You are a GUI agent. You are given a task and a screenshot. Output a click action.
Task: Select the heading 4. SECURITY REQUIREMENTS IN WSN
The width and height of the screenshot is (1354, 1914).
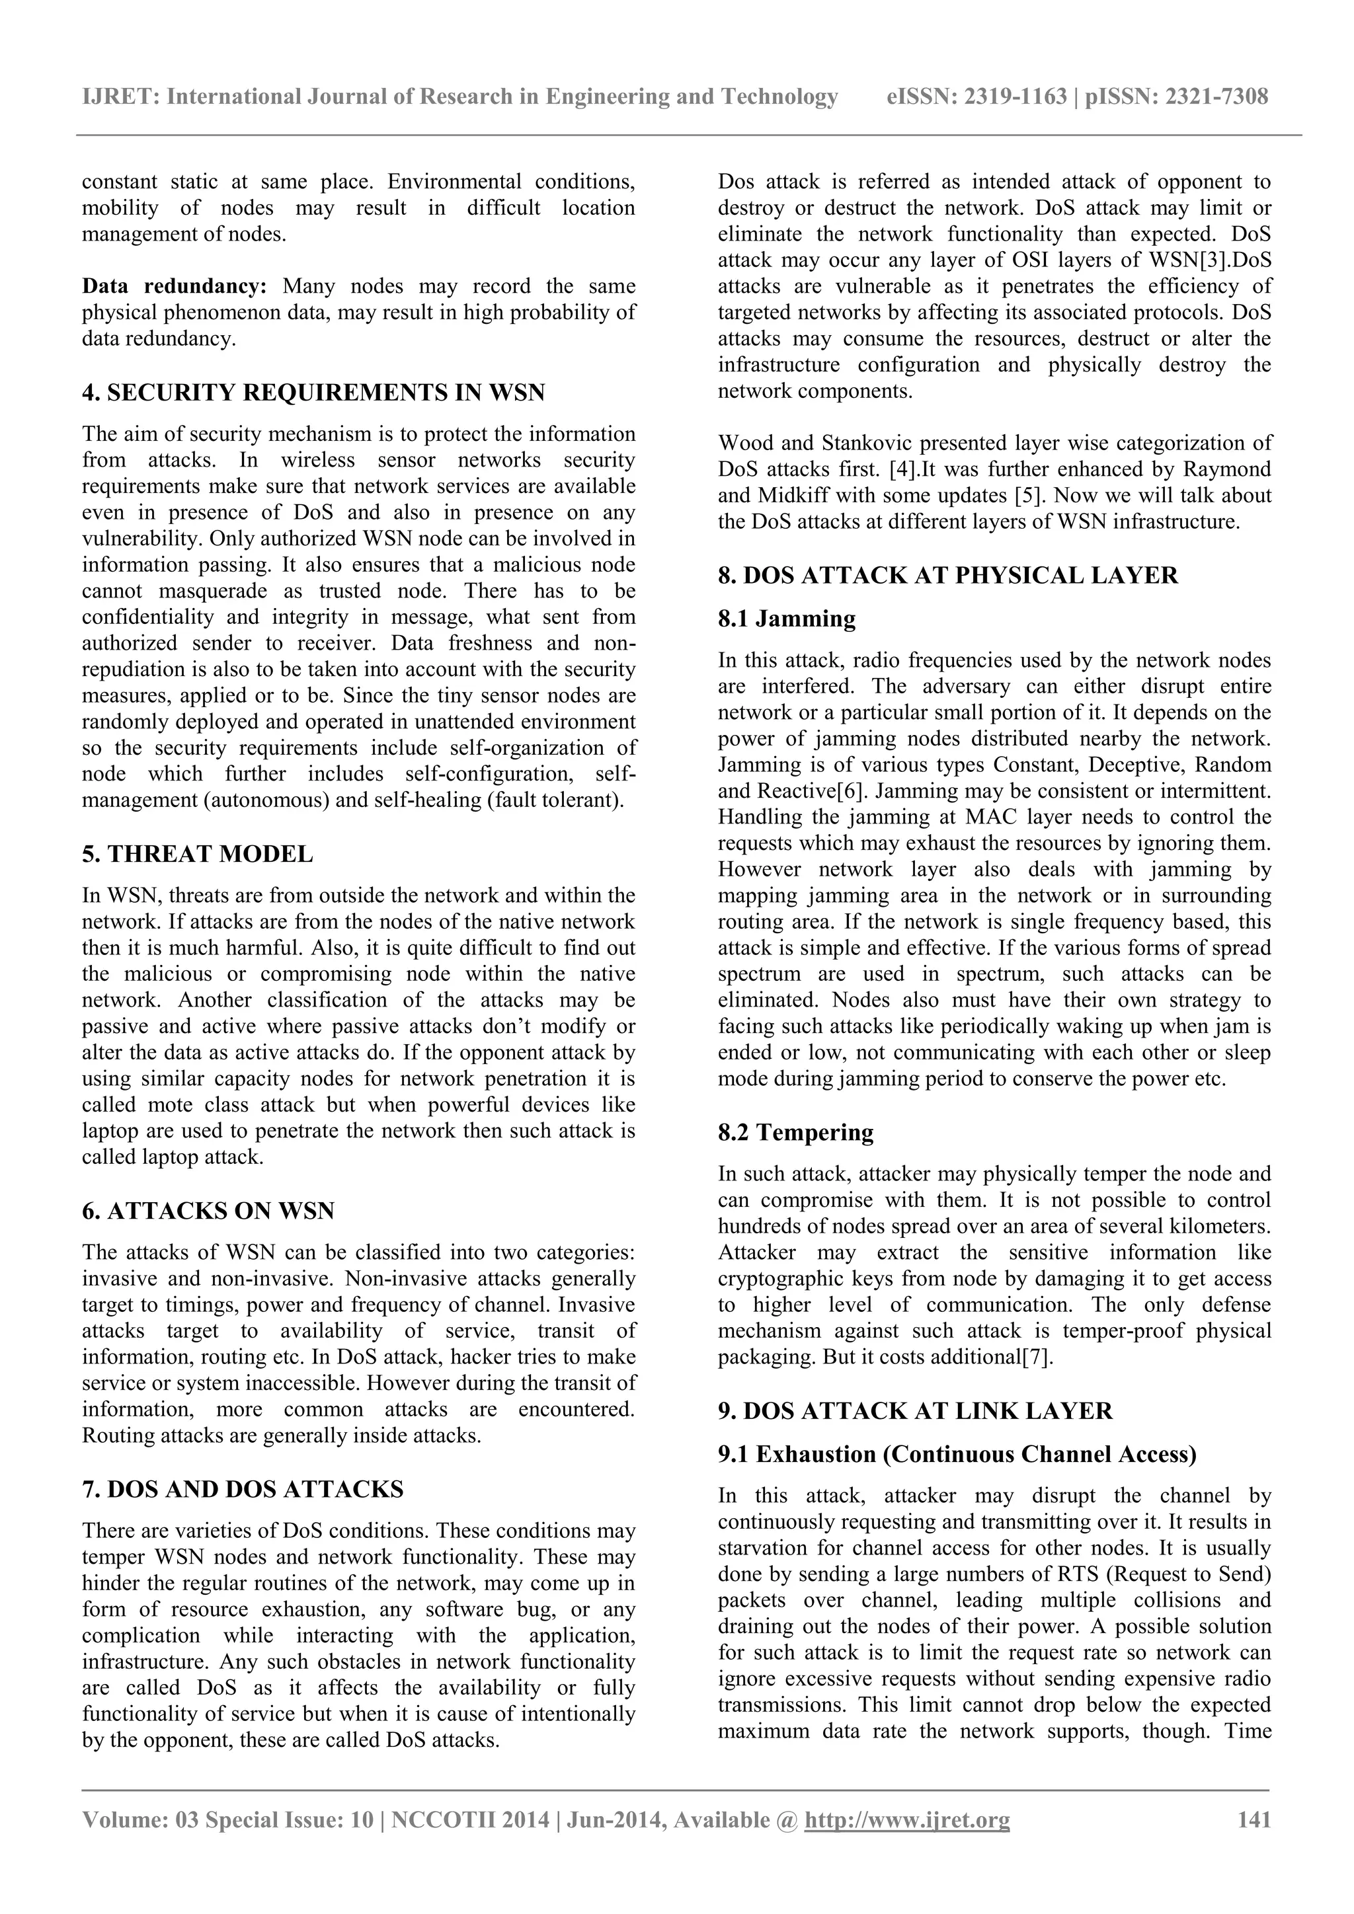[313, 393]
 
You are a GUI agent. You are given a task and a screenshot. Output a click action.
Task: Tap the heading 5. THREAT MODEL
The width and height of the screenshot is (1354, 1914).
[198, 855]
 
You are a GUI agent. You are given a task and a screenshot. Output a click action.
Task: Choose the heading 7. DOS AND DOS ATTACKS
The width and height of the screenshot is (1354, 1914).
[243, 1490]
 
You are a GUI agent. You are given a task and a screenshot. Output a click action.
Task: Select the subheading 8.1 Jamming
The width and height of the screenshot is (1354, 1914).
[787, 619]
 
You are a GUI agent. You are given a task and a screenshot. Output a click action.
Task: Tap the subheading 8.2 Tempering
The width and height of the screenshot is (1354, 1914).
[795, 1133]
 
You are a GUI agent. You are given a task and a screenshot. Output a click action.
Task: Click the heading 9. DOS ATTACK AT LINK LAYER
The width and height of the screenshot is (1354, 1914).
[914, 1411]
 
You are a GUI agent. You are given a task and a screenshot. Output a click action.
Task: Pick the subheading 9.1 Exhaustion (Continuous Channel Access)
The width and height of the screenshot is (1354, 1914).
[957, 1455]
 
